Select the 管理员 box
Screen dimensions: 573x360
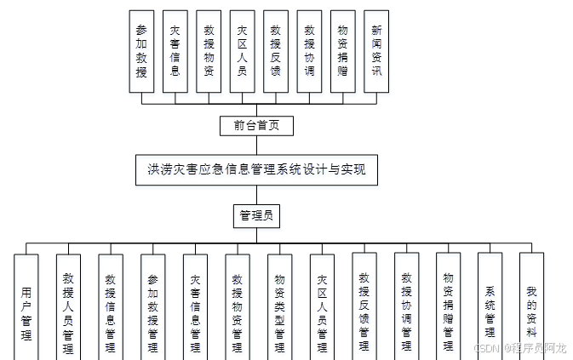256,216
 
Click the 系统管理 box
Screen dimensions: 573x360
490,302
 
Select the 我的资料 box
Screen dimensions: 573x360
531,302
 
